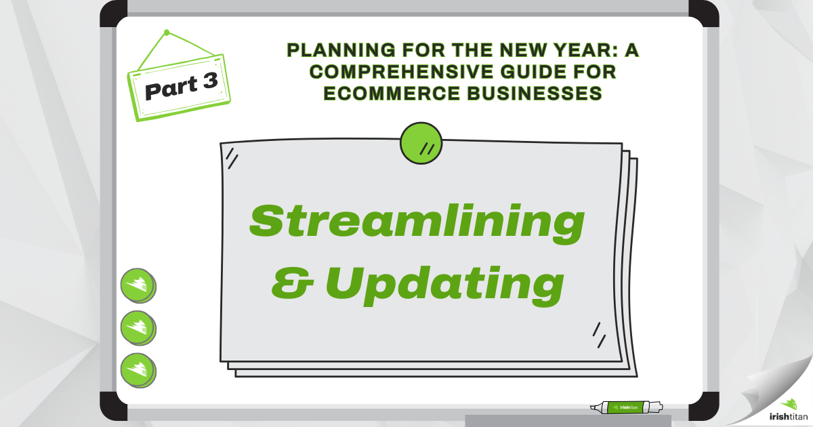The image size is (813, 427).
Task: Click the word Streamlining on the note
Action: (x=416, y=222)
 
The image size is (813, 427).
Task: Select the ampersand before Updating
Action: (x=294, y=285)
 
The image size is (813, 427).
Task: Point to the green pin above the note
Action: (x=421, y=143)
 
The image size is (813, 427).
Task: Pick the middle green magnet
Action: (x=138, y=327)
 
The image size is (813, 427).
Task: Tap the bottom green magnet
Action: (x=138, y=369)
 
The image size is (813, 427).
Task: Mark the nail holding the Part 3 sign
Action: (x=166, y=33)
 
